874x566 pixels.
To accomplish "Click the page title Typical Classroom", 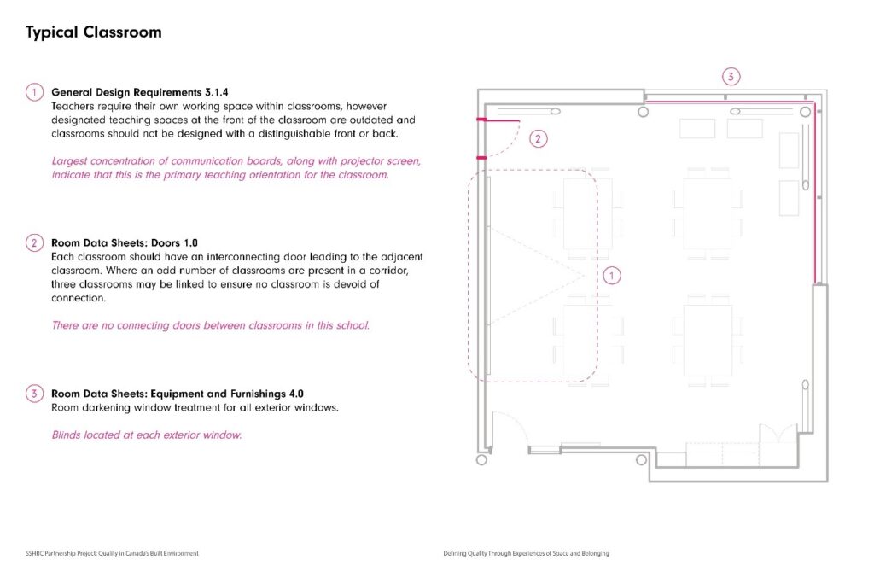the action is point(93,33).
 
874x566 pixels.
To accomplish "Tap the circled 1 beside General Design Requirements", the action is point(34,92).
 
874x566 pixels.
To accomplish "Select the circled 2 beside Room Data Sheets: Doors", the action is point(34,243).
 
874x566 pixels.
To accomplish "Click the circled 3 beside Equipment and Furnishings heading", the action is point(34,394).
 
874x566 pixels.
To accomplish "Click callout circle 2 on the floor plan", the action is point(538,138).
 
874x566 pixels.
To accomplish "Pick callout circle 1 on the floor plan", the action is point(611,275).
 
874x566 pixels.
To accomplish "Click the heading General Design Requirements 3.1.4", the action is point(140,92).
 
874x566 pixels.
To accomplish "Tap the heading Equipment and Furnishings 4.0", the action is point(178,394).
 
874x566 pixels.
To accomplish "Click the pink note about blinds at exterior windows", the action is point(147,435).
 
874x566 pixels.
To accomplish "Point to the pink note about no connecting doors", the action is point(211,325).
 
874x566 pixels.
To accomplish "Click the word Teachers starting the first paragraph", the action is point(73,106).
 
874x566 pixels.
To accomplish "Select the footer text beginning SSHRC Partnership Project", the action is point(112,554).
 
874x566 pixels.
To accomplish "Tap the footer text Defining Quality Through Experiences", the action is point(526,554).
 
